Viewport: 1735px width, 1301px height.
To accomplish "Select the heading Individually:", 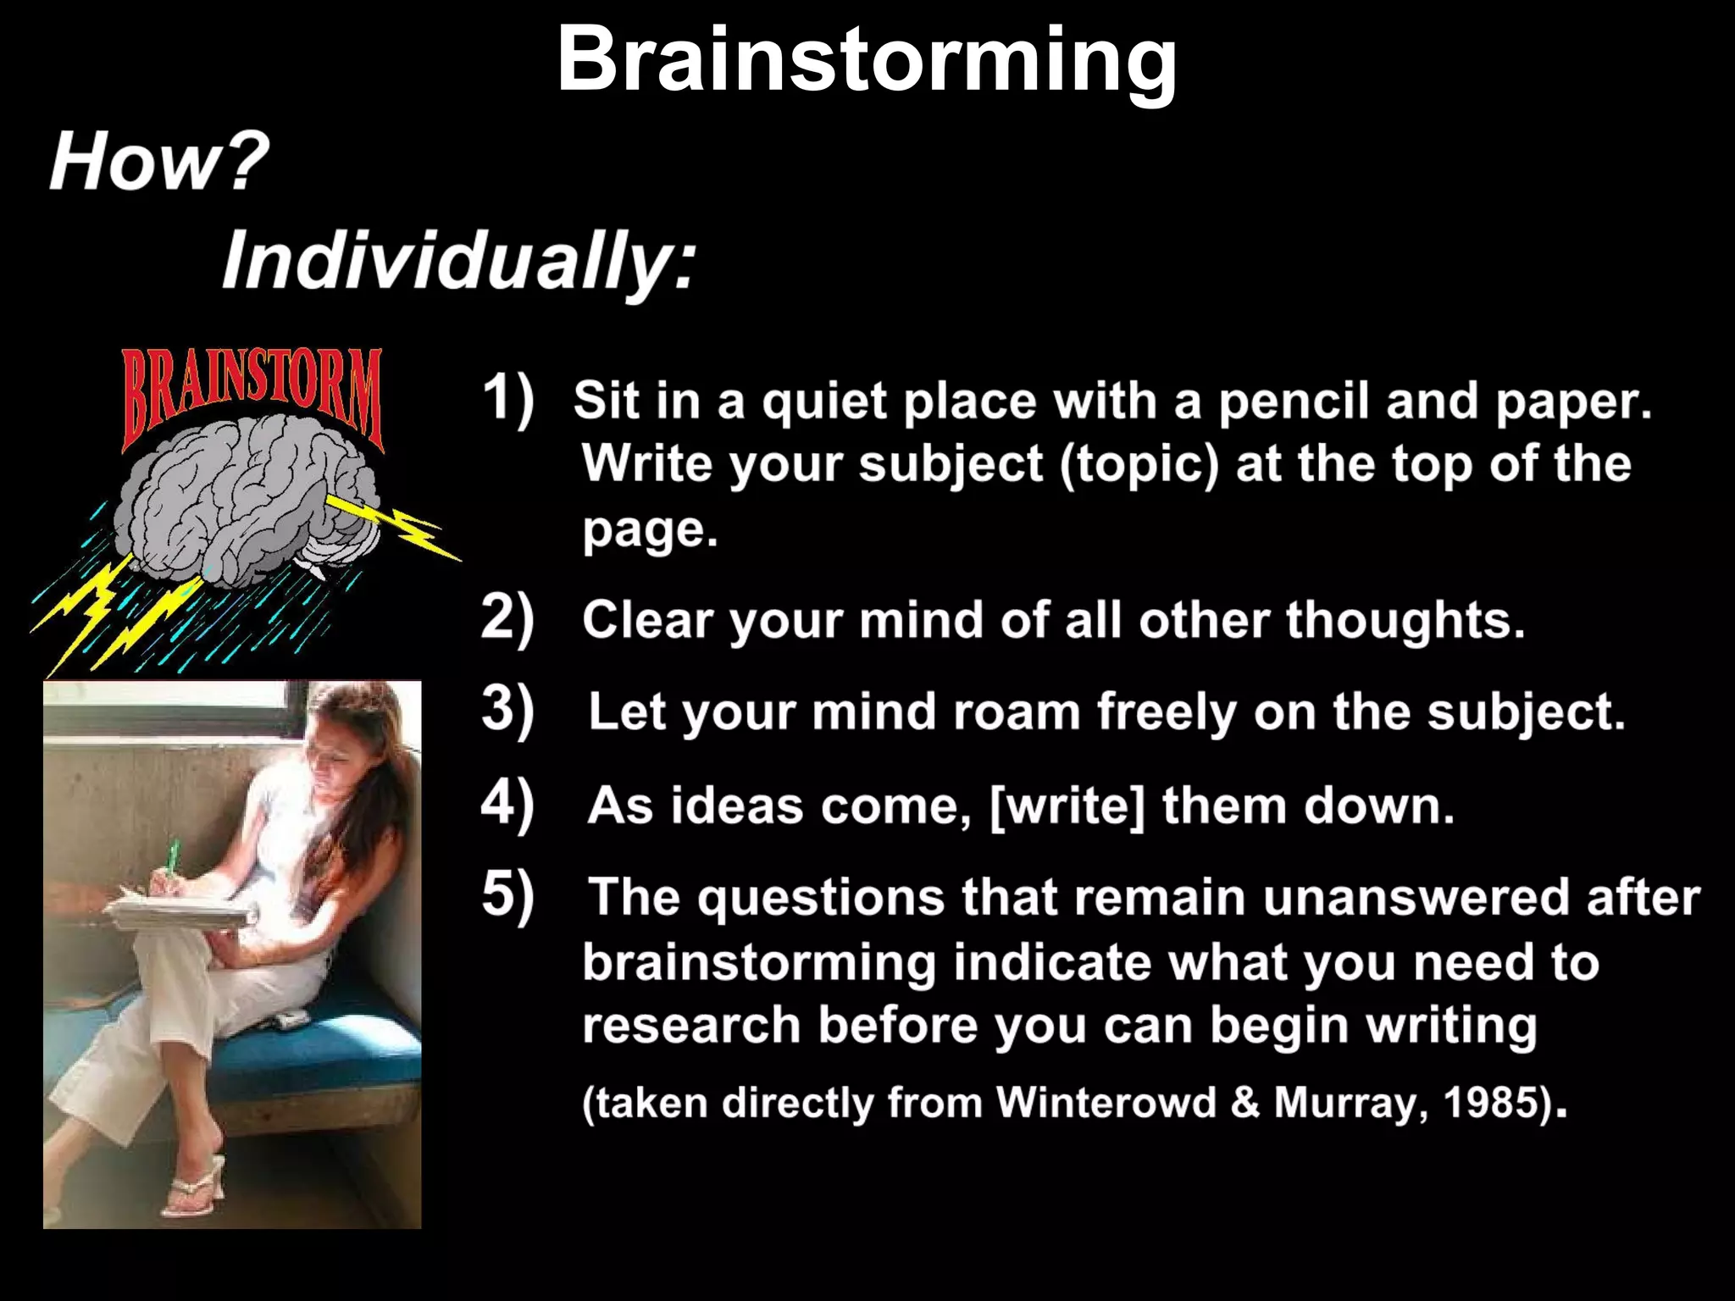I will click(x=458, y=260).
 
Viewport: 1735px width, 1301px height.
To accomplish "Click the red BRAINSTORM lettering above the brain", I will click(x=252, y=392).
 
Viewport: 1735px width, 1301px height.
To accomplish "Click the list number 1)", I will click(x=507, y=398).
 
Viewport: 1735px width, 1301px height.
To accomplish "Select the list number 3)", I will click(x=507, y=710).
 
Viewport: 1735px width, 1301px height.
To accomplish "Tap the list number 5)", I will click(x=507, y=894).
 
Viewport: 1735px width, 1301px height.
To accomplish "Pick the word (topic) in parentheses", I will click(x=1139, y=465).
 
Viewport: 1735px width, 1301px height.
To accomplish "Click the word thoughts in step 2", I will click(x=1405, y=620).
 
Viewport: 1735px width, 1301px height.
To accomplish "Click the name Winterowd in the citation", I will click(x=1106, y=1102).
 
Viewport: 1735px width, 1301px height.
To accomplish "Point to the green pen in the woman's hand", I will click(x=172, y=857).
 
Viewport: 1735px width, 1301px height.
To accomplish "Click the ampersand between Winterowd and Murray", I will click(x=1244, y=1103).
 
